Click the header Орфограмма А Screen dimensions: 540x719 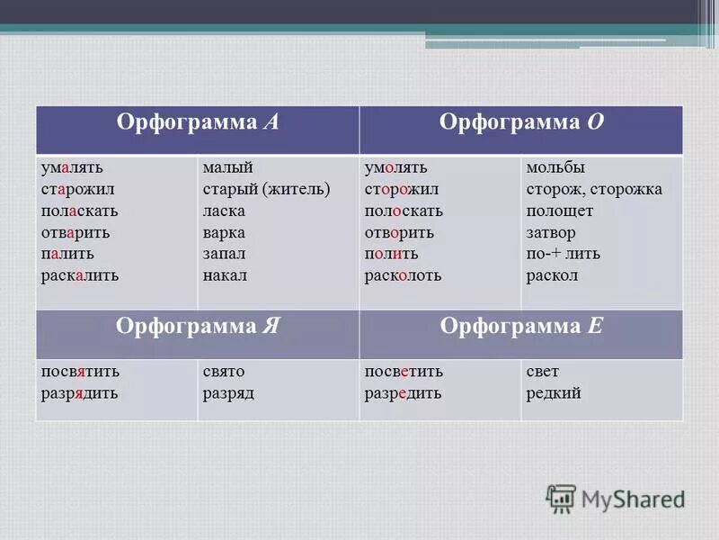click(197, 124)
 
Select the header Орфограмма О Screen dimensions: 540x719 click(521, 124)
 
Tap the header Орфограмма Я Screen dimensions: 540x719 click(197, 327)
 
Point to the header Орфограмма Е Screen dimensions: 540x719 click(521, 327)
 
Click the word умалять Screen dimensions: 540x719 click(72, 168)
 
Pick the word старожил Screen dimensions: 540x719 click(76, 190)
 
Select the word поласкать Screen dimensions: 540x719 click(79, 211)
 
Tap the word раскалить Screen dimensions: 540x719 click(79, 276)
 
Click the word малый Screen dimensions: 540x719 click(227, 168)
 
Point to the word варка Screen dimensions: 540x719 click(224, 233)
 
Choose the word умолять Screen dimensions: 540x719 click(395, 168)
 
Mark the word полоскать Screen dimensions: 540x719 click(404, 211)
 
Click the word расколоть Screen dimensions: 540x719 click(403, 276)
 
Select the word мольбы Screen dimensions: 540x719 click(555, 168)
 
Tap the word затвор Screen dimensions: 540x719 click(551, 233)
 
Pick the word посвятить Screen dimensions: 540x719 click(80, 372)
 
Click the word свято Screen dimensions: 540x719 click(224, 372)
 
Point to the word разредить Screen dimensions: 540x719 click(403, 393)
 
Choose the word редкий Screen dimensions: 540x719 click(554, 393)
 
